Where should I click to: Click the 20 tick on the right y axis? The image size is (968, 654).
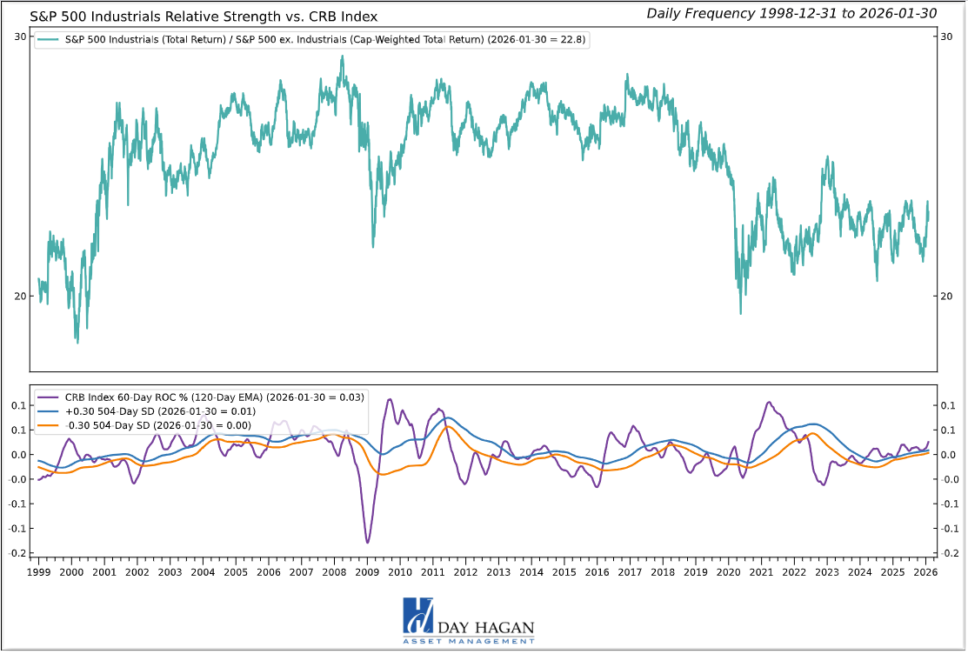point(949,296)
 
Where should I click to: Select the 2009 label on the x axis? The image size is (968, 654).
point(367,572)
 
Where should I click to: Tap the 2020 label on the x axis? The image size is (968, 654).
point(729,572)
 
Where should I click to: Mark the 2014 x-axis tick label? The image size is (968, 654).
point(531,572)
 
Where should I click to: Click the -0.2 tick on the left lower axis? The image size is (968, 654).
point(17,552)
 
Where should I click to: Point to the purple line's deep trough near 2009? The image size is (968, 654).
point(367,543)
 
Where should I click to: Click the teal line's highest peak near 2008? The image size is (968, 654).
point(342,57)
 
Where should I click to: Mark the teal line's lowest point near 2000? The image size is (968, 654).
point(77,342)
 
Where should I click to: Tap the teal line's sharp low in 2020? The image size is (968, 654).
point(741,313)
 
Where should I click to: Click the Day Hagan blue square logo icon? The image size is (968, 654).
point(418,616)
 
